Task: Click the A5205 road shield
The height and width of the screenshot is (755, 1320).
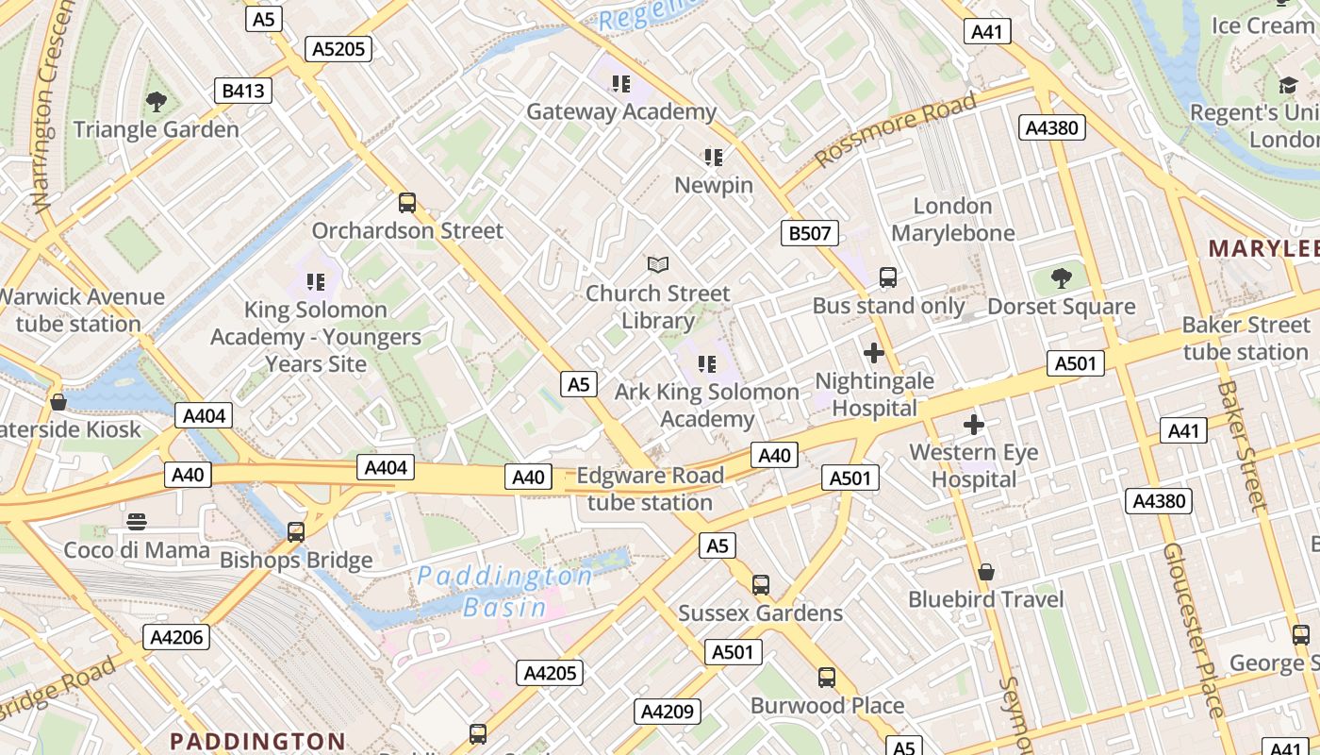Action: coord(338,49)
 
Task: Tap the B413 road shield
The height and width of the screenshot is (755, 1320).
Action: coord(243,91)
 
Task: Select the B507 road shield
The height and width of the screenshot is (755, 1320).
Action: coord(809,233)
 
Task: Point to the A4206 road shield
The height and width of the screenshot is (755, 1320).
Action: coord(177,637)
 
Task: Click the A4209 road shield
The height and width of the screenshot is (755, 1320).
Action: coord(668,712)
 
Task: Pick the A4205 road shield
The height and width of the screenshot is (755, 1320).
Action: coord(550,673)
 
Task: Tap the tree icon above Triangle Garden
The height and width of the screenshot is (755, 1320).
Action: coord(157,102)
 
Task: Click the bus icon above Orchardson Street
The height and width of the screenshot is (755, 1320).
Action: coord(407,203)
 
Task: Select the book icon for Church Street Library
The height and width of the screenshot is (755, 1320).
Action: coord(657,265)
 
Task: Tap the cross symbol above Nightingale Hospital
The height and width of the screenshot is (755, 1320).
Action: coord(874,353)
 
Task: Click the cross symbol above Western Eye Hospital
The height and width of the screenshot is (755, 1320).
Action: coord(974,425)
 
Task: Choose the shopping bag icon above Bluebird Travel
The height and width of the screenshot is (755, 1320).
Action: coord(986,572)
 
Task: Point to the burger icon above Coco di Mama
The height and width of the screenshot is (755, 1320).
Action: coord(137,522)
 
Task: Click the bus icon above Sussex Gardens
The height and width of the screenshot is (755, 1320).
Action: coord(761,585)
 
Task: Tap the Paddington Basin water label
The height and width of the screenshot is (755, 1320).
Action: coord(505,591)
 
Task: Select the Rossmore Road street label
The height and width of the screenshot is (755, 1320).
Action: coord(895,130)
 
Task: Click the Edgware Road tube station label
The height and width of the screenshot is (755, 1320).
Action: coord(650,488)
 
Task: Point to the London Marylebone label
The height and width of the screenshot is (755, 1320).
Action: coord(952,219)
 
